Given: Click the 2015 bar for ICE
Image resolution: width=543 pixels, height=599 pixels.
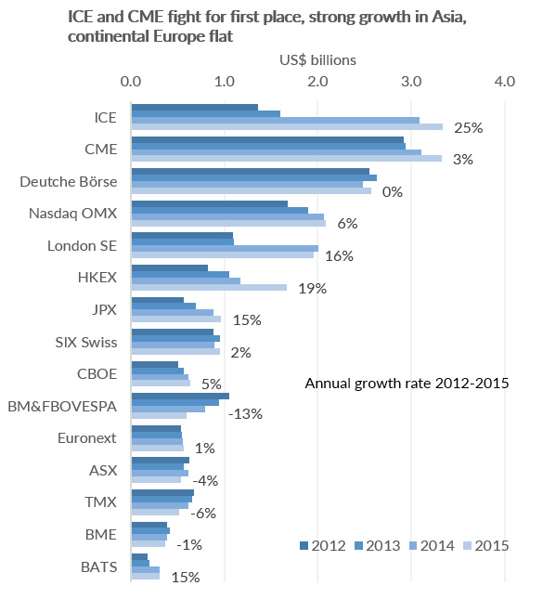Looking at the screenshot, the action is pos(287,127).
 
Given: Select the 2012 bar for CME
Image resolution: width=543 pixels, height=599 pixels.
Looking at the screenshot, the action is pos(267,139).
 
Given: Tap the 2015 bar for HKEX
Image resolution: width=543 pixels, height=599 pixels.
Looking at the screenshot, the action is pos(209,287).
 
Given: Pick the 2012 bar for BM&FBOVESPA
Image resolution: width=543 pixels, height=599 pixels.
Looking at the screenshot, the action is pos(180,396).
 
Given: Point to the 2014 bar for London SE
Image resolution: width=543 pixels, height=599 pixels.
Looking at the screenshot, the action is pos(225,248).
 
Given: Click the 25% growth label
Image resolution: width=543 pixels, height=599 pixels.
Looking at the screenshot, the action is pos(469,127).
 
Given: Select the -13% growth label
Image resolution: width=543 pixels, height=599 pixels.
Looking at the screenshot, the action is pos(246,413).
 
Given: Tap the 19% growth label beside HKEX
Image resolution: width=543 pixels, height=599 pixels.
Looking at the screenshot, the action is pos(313,289).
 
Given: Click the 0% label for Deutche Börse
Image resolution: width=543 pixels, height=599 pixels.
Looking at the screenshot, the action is pos(393,191).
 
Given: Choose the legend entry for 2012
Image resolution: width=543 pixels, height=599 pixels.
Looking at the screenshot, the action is pos(323,545).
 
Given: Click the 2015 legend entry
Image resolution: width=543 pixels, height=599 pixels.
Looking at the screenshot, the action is pos(486,545).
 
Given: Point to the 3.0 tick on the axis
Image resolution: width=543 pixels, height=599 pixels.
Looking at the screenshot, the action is pos(411,82).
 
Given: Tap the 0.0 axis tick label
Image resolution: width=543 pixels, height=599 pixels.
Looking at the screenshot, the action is pos(131,82).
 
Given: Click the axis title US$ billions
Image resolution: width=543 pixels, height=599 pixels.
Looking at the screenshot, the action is pos(317,60).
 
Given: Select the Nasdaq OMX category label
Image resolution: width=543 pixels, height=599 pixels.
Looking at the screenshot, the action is pos(73,214).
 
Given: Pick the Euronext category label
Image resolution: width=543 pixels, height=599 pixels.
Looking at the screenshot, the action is pos(87,437).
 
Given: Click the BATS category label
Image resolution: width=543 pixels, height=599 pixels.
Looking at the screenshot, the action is pos(99,566).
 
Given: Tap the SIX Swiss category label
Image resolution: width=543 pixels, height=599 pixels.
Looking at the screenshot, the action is pos(86,342).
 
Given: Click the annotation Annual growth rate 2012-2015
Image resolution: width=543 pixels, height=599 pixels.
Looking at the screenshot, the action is pos(407,384).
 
